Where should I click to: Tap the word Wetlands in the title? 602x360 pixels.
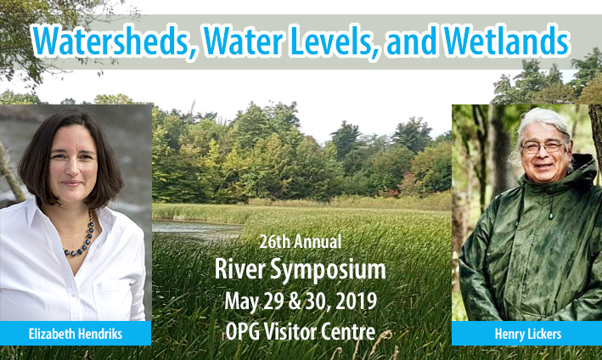506,41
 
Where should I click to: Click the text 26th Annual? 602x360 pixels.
301,242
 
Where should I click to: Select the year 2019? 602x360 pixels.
356,301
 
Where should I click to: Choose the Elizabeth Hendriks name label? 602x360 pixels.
76,334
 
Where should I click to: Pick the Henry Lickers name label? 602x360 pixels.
526,334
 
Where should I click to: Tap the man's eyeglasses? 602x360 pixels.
543,147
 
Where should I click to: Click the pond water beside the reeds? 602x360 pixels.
196,230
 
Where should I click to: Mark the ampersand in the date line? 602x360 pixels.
295,301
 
